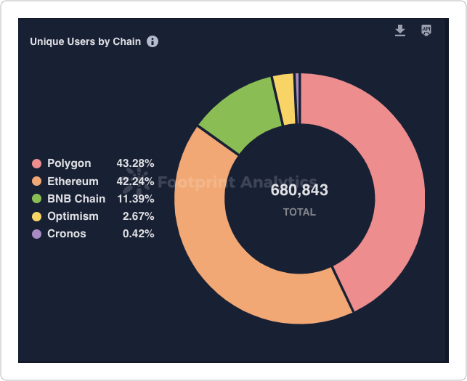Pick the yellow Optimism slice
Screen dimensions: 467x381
click(285, 98)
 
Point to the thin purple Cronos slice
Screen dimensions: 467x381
click(297, 98)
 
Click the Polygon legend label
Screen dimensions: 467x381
click(69, 163)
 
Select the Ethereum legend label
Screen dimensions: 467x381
click(73, 181)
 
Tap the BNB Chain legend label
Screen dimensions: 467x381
click(76, 199)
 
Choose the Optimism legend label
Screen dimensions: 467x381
click(73, 216)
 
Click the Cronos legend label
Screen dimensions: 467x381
click(67, 234)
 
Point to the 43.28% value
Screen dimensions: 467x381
click(136, 163)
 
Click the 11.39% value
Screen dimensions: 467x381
click(136, 199)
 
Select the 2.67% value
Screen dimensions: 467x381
click(139, 216)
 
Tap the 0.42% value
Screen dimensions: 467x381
click(139, 234)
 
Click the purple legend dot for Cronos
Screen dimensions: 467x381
click(36, 234)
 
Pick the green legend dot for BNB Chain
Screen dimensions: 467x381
click(36, 199)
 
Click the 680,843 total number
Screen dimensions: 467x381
click(299, 190)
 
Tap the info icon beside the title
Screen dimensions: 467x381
click(153, 41)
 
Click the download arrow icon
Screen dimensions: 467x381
click(400, 30)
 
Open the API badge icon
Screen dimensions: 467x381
click(426, 30)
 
